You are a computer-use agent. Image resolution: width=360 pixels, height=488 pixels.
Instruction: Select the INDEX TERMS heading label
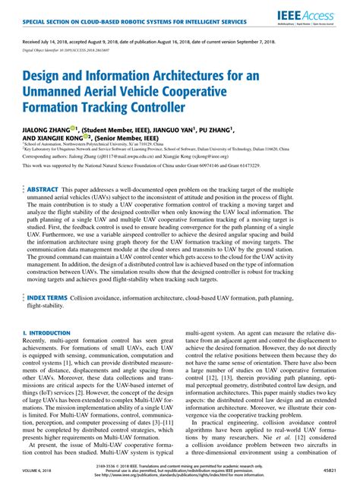[x=47, y=320]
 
